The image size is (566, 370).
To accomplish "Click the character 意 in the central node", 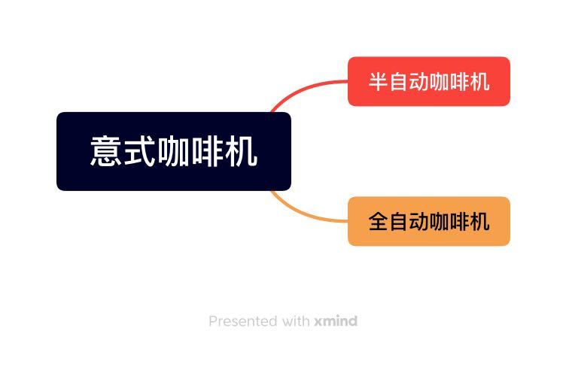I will tap(106, 151).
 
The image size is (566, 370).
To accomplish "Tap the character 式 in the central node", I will tap(140, 151).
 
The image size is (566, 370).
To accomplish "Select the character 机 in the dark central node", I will tap(242, 151).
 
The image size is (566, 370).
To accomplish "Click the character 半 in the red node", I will tap(378, 81).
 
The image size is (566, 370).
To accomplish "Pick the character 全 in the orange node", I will tap(378, 221).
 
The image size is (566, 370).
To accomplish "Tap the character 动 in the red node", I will tap(418, 81).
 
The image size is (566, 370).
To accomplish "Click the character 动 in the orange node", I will tap(418, 221).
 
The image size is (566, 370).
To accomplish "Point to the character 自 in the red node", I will tap(398, 81).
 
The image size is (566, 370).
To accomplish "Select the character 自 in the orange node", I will tap(398, 221).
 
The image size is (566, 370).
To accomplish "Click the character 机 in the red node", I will tap(480, 81).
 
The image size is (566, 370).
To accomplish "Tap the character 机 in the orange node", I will tap(480, 221).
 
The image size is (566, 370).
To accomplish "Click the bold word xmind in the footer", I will tap(336, 321).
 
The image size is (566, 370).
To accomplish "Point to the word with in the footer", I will tap(295, 321).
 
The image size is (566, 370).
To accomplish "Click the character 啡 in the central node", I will tap(208, 151).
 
